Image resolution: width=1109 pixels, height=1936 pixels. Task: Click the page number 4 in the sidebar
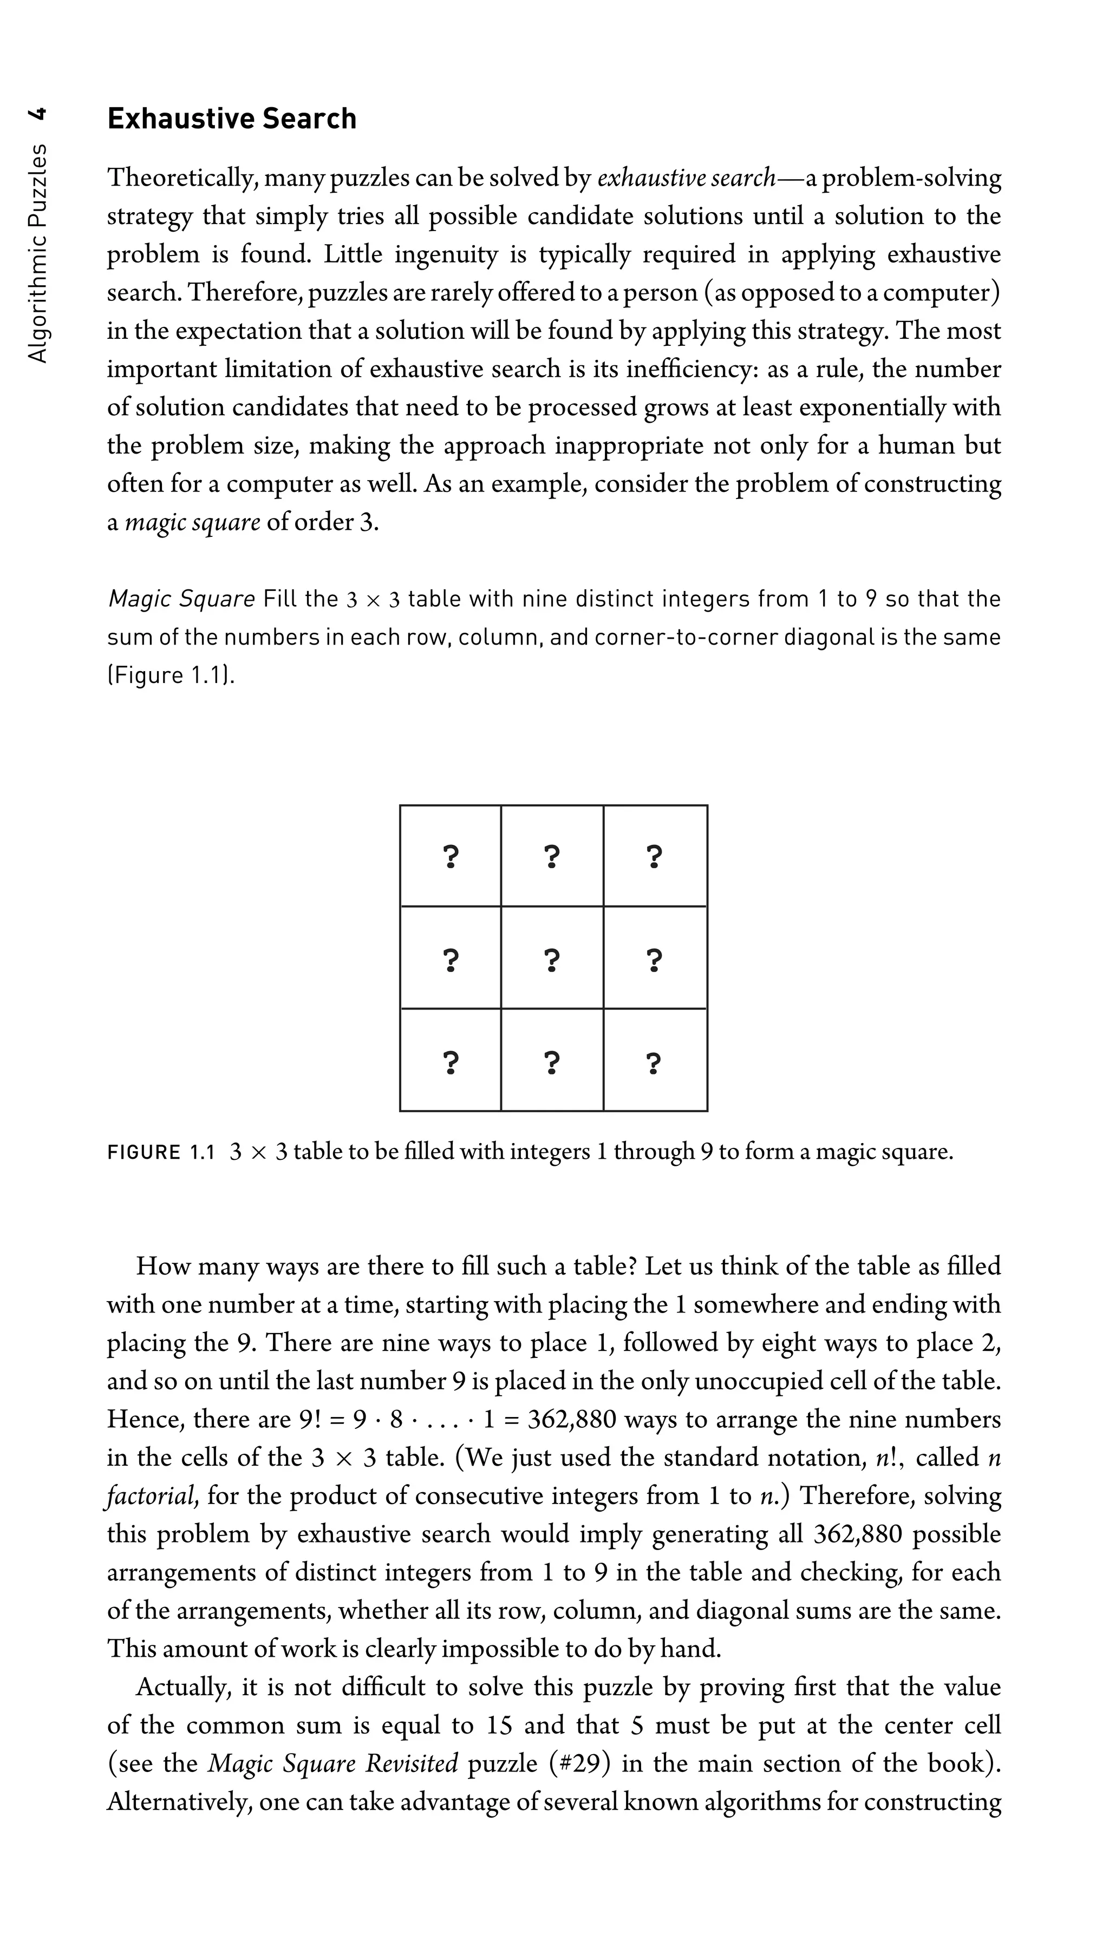click(x=37, y=116)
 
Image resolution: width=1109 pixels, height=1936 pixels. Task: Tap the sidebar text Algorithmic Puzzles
click(x=37, y=252)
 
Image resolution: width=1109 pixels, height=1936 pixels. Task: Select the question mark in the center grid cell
click(x=552, y=961)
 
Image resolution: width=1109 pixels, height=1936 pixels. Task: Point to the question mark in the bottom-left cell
click(x=451, y=1061)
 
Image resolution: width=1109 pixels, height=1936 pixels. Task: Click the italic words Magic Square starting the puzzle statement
click(x=181, y=599)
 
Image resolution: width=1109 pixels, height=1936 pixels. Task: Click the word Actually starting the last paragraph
click(x=183, y=1687)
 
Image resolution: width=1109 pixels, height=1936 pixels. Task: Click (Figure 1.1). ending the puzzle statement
click(x=171, y=676)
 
